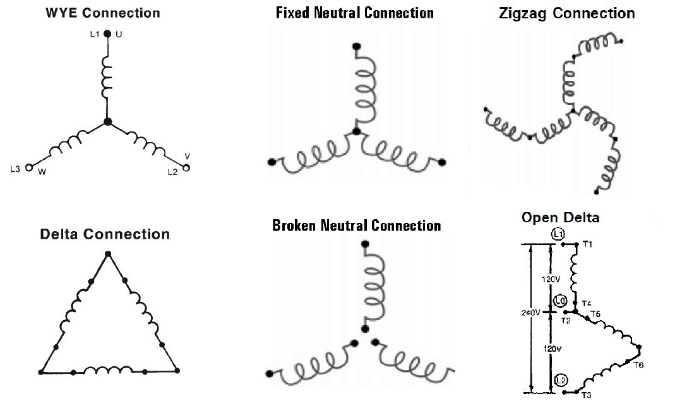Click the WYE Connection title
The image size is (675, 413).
(103, 13)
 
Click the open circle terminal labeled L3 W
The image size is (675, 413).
(28, 168)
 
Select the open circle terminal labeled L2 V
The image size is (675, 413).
(186, 167)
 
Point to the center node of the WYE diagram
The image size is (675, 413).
(107, 122)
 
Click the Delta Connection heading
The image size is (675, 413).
(105, 234)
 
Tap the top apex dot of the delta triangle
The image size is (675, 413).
(107, 254)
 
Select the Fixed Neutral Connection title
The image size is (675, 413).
(355, 13)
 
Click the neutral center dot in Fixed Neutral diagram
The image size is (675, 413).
(356, 131)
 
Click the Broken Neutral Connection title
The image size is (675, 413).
(356, 225)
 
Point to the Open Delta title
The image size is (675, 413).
(560, 218)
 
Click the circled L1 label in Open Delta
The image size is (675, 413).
(558, 234)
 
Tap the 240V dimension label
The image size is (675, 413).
(530, 313)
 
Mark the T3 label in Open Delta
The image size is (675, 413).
(586, 395)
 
